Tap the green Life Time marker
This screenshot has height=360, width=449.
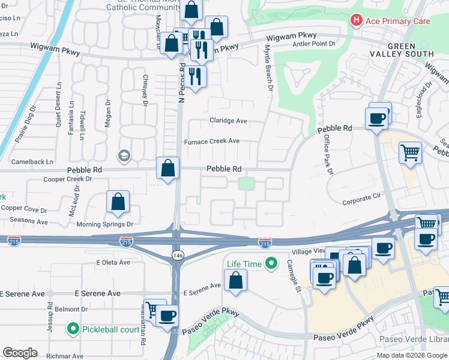271,263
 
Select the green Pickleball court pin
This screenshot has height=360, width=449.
73,329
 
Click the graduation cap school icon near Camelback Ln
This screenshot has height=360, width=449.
124,156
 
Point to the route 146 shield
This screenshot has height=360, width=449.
178,255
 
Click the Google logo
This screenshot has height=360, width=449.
20,353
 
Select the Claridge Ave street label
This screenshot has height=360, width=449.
228,121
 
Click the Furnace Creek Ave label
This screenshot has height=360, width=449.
211,142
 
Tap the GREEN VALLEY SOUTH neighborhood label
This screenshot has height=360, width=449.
409,50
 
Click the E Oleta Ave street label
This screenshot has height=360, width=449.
115,262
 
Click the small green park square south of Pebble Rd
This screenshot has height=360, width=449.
246,184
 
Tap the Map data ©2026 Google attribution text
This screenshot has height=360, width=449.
412,355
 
